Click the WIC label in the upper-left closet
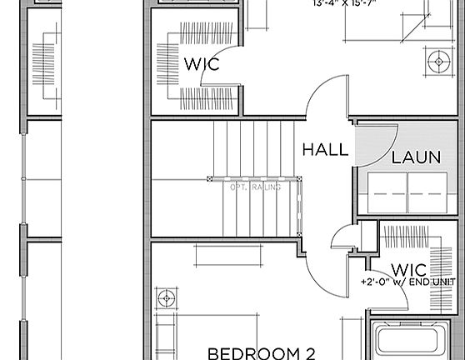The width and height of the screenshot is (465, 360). tap(202, 63)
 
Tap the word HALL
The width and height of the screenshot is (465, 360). tap(325, 150)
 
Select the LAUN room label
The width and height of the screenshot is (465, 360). tap(416, 157)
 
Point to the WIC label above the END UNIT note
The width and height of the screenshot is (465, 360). tap(408, 270)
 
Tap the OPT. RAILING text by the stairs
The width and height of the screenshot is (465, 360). tap(256, 187)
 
